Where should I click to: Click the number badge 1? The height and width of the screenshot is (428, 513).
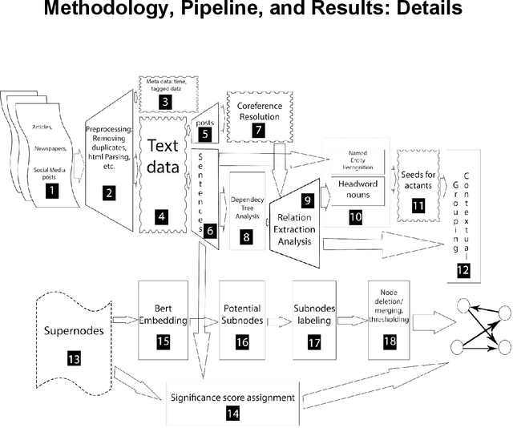(53, 190)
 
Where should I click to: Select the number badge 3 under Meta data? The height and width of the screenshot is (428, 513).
(164, 102)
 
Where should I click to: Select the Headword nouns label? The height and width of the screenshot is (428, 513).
(357, 187)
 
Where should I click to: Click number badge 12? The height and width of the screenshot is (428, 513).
(463, 271)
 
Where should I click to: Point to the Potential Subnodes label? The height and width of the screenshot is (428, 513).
(241, 313)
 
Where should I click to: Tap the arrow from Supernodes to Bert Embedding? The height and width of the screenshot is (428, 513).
(125, 320)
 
